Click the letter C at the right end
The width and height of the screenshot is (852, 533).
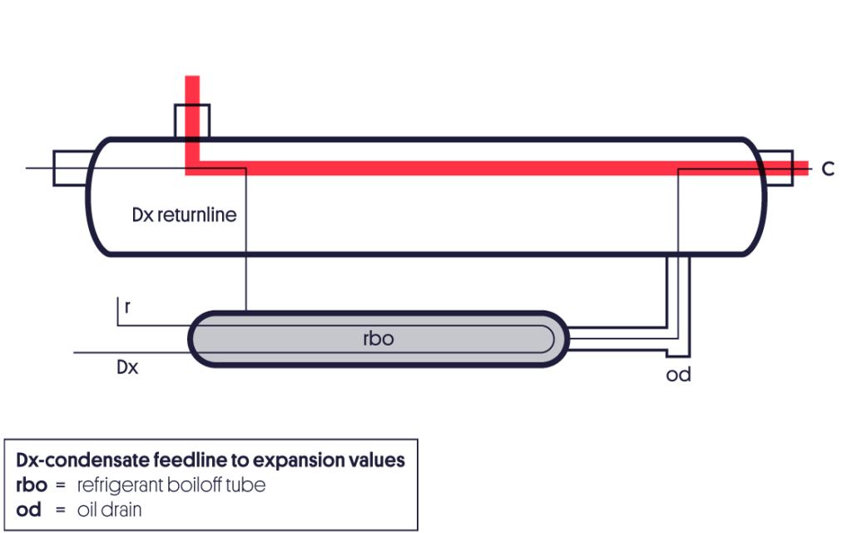coord(828,169)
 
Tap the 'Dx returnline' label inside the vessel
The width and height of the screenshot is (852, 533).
coord(184,215)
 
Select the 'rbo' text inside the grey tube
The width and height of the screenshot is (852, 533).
coord(379,339)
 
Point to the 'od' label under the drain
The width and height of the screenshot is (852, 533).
coord(678,375)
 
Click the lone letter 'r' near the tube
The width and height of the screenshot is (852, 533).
coord(126,306)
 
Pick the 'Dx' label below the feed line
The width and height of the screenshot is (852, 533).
coord(126,366)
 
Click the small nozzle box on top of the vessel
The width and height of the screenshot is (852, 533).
coord(192,120)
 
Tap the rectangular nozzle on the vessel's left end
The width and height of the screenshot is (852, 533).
coord(70,168)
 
